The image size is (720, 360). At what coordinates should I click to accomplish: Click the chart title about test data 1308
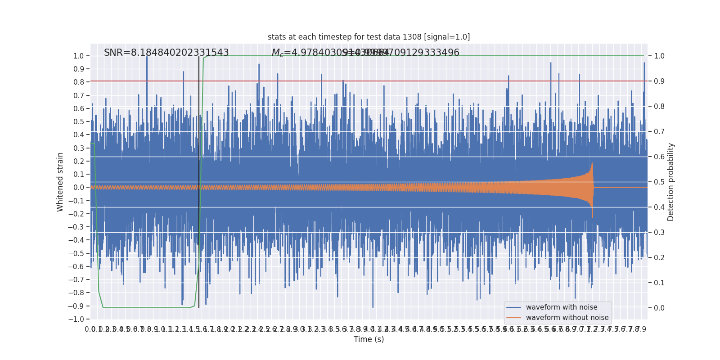tap(369, 37)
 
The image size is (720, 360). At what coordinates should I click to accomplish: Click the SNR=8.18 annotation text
tap(166, 53)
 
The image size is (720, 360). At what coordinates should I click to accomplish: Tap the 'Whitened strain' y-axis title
tap(60, 182)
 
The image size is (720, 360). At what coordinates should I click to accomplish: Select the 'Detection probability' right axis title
tap(671, 182)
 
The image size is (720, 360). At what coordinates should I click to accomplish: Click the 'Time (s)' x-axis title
tap(369, 339)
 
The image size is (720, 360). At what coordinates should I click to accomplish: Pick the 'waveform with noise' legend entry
tap(561, 307)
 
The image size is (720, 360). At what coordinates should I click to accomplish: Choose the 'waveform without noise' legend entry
tap(567, 318)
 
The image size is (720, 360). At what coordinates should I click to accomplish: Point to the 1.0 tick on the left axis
tap(78, 56)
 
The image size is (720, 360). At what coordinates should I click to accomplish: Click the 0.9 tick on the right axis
tap(659, 81)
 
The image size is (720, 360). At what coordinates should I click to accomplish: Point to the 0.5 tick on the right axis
tap(659, 182)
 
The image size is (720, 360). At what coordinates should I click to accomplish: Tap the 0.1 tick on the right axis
tap(659, 283)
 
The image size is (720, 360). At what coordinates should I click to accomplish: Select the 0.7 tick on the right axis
tap(659, 132)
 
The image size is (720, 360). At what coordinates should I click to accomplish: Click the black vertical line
tap(199, 180)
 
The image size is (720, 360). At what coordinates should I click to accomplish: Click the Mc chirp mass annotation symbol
tap(277, 53)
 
